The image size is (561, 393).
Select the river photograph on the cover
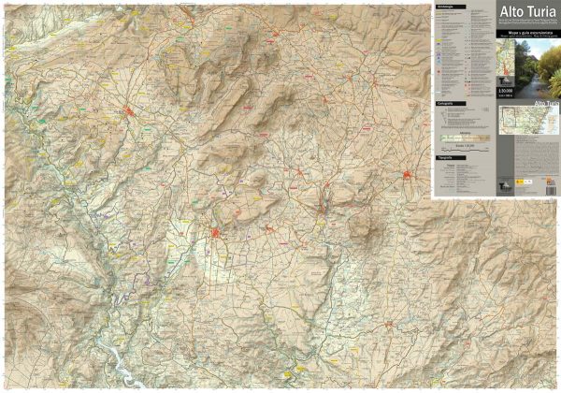[541, 68]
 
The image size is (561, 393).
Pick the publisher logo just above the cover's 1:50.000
[506, 80]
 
